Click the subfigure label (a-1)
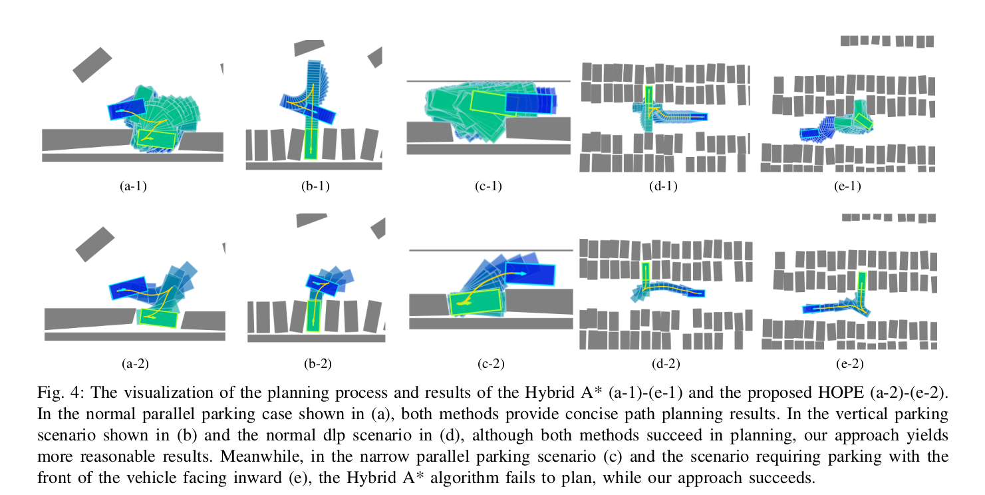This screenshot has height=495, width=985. coord(133,186)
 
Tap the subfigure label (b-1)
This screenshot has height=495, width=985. coord(315,186)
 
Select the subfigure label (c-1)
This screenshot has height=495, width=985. coord(488,186)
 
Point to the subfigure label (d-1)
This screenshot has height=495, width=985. coord(663,186)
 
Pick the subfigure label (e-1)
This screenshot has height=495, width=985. coord(847,186)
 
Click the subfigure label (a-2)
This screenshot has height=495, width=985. coord(134,363)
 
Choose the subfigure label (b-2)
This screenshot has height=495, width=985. coord(317,363)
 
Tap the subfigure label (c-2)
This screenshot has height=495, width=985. coord(491,363)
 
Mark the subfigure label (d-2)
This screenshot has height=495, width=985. coord(666,363)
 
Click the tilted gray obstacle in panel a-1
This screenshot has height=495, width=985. coord(92,65)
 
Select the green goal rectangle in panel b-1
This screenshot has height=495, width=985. coord(310,142)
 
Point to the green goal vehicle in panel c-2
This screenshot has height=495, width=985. coord(476,301)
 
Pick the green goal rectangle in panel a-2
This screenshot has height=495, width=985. coord(158,317)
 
